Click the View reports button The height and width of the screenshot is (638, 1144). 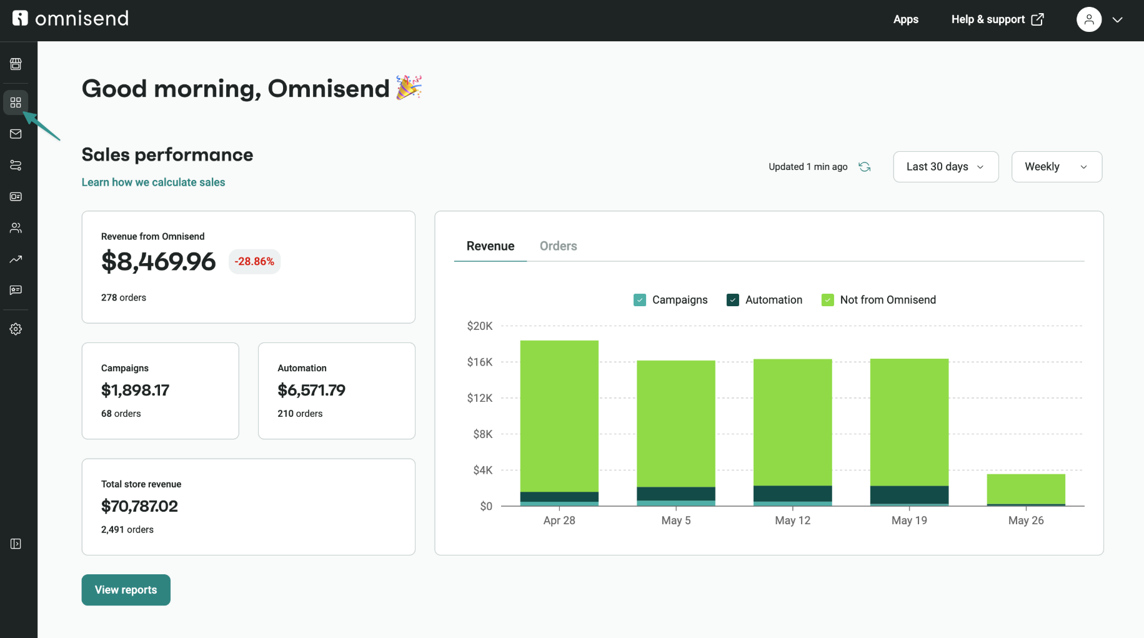point(126,590)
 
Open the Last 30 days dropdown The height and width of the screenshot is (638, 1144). point(945,167)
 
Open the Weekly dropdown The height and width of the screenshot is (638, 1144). point(1056,167)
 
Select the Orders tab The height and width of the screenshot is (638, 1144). point(558,246)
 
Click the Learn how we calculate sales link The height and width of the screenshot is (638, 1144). point(153,182)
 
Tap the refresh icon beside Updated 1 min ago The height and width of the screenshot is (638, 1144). point(865,167)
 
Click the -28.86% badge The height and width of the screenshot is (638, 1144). point(254,261)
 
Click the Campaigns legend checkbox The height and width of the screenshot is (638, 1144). point(640,300)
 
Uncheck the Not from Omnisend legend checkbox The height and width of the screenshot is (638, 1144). point(828,300)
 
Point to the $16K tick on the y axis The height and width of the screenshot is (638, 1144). point(479,362)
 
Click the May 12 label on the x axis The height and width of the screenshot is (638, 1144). point(792,521)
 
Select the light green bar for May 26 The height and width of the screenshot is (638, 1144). point(1026,489)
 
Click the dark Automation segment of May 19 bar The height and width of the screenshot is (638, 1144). point(909,494)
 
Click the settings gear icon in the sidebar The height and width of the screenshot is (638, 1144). point(16,329)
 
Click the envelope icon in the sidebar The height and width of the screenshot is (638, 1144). point(16,134)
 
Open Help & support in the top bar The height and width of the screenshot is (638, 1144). point(997,19)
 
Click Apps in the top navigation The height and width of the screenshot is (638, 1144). point(905,19)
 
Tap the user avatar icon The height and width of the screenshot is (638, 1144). point(1089,19)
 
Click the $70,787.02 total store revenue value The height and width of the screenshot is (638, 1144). point(139,506)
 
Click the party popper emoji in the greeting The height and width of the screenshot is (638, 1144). point(409,87)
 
